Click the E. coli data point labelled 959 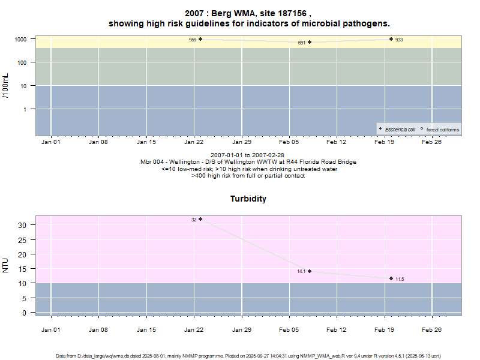click(200, 39)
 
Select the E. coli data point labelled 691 click(310, 42)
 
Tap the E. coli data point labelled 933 click(391, 39)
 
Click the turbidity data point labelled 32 click(200, 219)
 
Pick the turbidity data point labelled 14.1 click(310, 271)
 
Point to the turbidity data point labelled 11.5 click(391, 278)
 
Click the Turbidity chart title click(248, 199)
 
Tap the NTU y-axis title click(6, 265)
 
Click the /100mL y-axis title click(6, 86)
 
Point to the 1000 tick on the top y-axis click(22, 39)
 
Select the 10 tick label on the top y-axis click(25, 86)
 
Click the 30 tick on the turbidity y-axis click(24, 225)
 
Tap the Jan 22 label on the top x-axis click(194, 142)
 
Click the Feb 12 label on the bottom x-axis click(337, 329)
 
